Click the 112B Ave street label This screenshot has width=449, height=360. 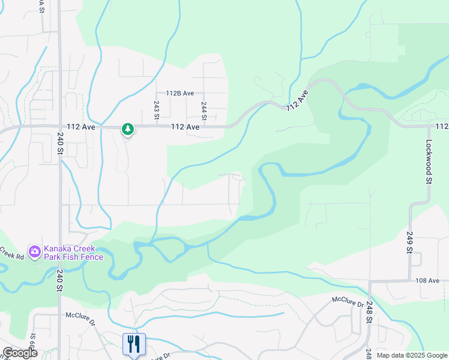click(x=180, y=93)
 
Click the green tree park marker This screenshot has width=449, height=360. click(x=127, y=128)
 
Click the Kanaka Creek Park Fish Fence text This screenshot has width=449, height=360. click(x=73, y=253)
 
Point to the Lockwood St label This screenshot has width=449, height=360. click(x=429, y=161)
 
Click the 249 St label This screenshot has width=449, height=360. click(x=410, y=242)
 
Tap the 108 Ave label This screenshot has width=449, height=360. click(x=427, y=280)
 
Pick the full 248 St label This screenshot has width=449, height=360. click(x=369, y=312)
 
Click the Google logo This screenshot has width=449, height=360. click(x=20, y=353)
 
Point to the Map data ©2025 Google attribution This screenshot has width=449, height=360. click(x=412, y=355)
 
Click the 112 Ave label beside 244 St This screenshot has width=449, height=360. click(x=184, y=127)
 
